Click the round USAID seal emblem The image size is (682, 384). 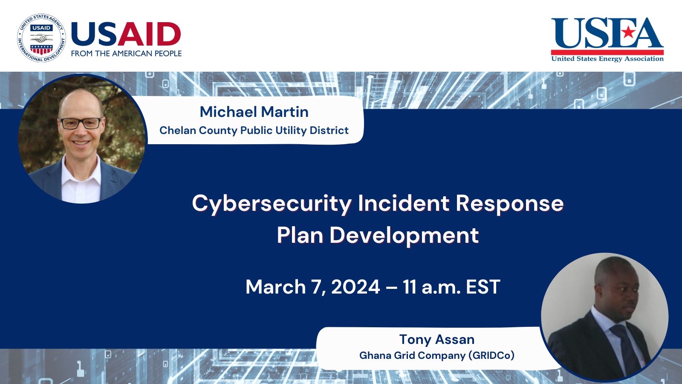pos(41,38)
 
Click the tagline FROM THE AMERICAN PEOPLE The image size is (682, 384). pos(126,53)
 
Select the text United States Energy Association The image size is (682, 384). pos(607,59)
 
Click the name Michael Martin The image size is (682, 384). pos(254,112)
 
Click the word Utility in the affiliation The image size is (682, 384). pos(291,131)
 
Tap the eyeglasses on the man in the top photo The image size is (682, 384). pos(81,123)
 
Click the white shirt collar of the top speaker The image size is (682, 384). pos(81,171)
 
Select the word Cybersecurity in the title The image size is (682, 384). pos(272,204)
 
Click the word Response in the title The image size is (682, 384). pos(509,204)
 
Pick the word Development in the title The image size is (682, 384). pos(404,236)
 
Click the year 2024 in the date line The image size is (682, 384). pos(355,287)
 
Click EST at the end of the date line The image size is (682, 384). pos(483,287)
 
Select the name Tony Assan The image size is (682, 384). pos(436,340)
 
